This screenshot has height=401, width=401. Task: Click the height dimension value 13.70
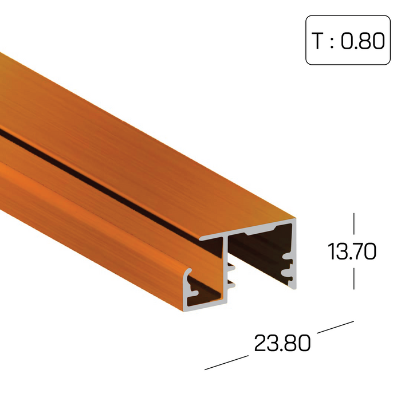point(352,251)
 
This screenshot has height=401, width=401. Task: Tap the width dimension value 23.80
point(282,343)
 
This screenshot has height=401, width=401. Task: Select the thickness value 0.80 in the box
point(363,41)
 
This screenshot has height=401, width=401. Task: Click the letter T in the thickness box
point(318,41)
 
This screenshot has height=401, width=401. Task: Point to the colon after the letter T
point(332,42)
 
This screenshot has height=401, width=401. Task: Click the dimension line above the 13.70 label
point(353,223)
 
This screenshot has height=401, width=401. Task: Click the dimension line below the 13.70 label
point(353,278)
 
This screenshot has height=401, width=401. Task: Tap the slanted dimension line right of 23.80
point(335,327)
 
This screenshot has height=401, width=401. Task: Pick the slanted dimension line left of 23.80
point(226,363)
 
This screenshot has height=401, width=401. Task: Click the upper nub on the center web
point(231,268)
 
